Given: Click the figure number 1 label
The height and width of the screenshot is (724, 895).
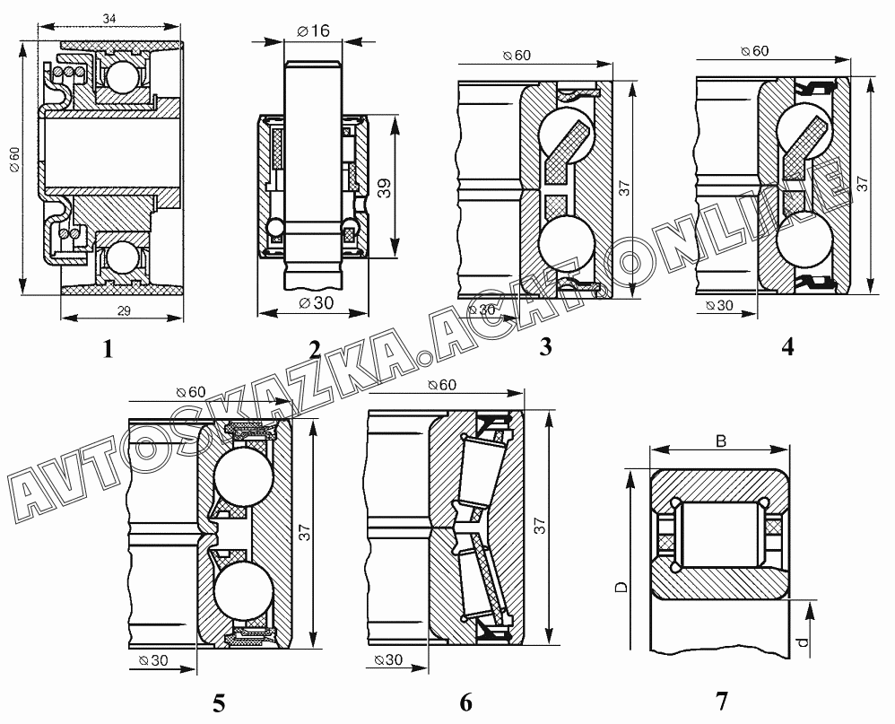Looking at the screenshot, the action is click(108, 348).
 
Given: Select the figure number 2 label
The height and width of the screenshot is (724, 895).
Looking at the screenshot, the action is click(315, 349).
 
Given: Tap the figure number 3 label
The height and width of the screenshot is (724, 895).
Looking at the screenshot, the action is click(545, 346).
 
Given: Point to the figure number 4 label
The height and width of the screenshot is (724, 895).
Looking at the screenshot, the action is click(787, 346).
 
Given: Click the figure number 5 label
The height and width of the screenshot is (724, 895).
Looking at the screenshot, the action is click(219, 703).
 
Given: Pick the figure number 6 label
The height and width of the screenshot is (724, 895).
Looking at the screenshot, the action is click(465, 702).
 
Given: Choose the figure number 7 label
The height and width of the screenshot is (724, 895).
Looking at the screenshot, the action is click(722, 702).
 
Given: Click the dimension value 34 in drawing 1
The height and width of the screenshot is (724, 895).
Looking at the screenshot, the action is click(109, 19).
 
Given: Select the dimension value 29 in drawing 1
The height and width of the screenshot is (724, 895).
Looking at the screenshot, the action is click(124, 311).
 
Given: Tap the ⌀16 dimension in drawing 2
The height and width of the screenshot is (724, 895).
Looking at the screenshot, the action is click(313, 31).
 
